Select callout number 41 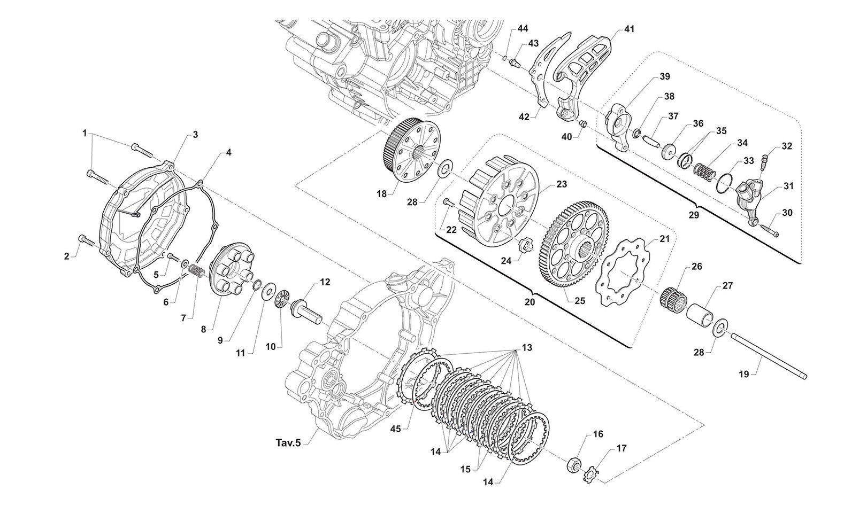point(629,29)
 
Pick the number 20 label point(530,301)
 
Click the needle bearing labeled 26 point(672,295)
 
